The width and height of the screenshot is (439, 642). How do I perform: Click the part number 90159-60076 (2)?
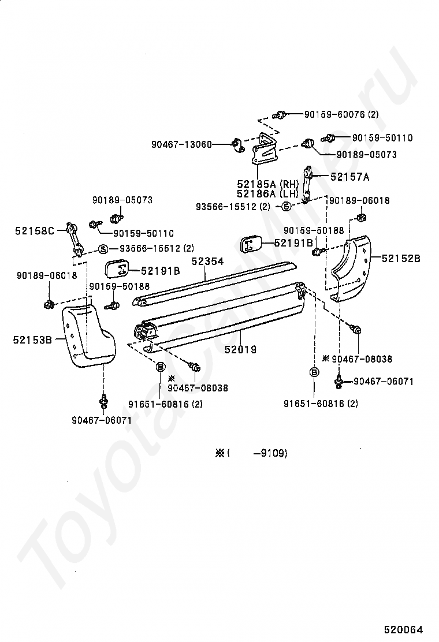click(341, 114)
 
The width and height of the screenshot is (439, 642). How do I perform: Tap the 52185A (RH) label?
click(266, 184)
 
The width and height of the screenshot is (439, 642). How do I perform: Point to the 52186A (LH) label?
click(266, 194)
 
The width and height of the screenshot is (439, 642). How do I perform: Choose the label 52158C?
click(35, 232)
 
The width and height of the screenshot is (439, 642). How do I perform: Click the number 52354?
click(207, 262)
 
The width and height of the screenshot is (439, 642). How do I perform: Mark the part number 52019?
click(240, 349)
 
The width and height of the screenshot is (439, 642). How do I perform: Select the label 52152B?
click(401, 258)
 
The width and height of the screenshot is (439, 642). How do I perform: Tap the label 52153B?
click(32, 340)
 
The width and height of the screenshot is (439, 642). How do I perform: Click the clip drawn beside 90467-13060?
click(236, 143)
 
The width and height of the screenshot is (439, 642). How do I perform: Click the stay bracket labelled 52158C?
click(73, 238)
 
